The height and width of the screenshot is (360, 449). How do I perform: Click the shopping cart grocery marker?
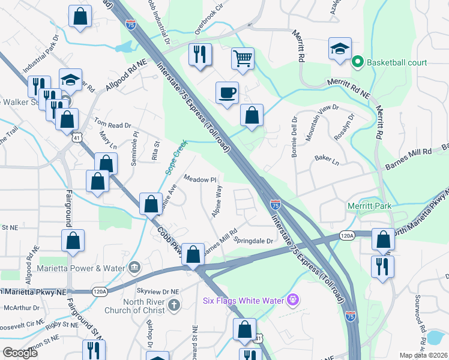(x=243, y=59)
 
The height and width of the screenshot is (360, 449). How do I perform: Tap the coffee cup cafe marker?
(x=227, y=93)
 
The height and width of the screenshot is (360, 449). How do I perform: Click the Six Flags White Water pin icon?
(x=292, y=298)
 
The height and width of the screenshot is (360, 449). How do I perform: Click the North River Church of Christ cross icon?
(x=174, y=305)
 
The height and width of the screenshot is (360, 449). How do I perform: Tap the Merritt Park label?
(x=369, y=206)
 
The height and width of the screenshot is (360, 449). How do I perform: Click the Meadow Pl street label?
(x=199, y=179)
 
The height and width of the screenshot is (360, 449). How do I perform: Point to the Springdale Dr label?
(x=253, y=241)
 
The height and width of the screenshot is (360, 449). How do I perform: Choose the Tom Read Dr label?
(x=112, y=125)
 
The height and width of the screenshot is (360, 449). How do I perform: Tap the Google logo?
(x=20, y=353)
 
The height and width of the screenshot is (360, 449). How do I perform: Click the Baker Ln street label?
(x=327, y=161)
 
